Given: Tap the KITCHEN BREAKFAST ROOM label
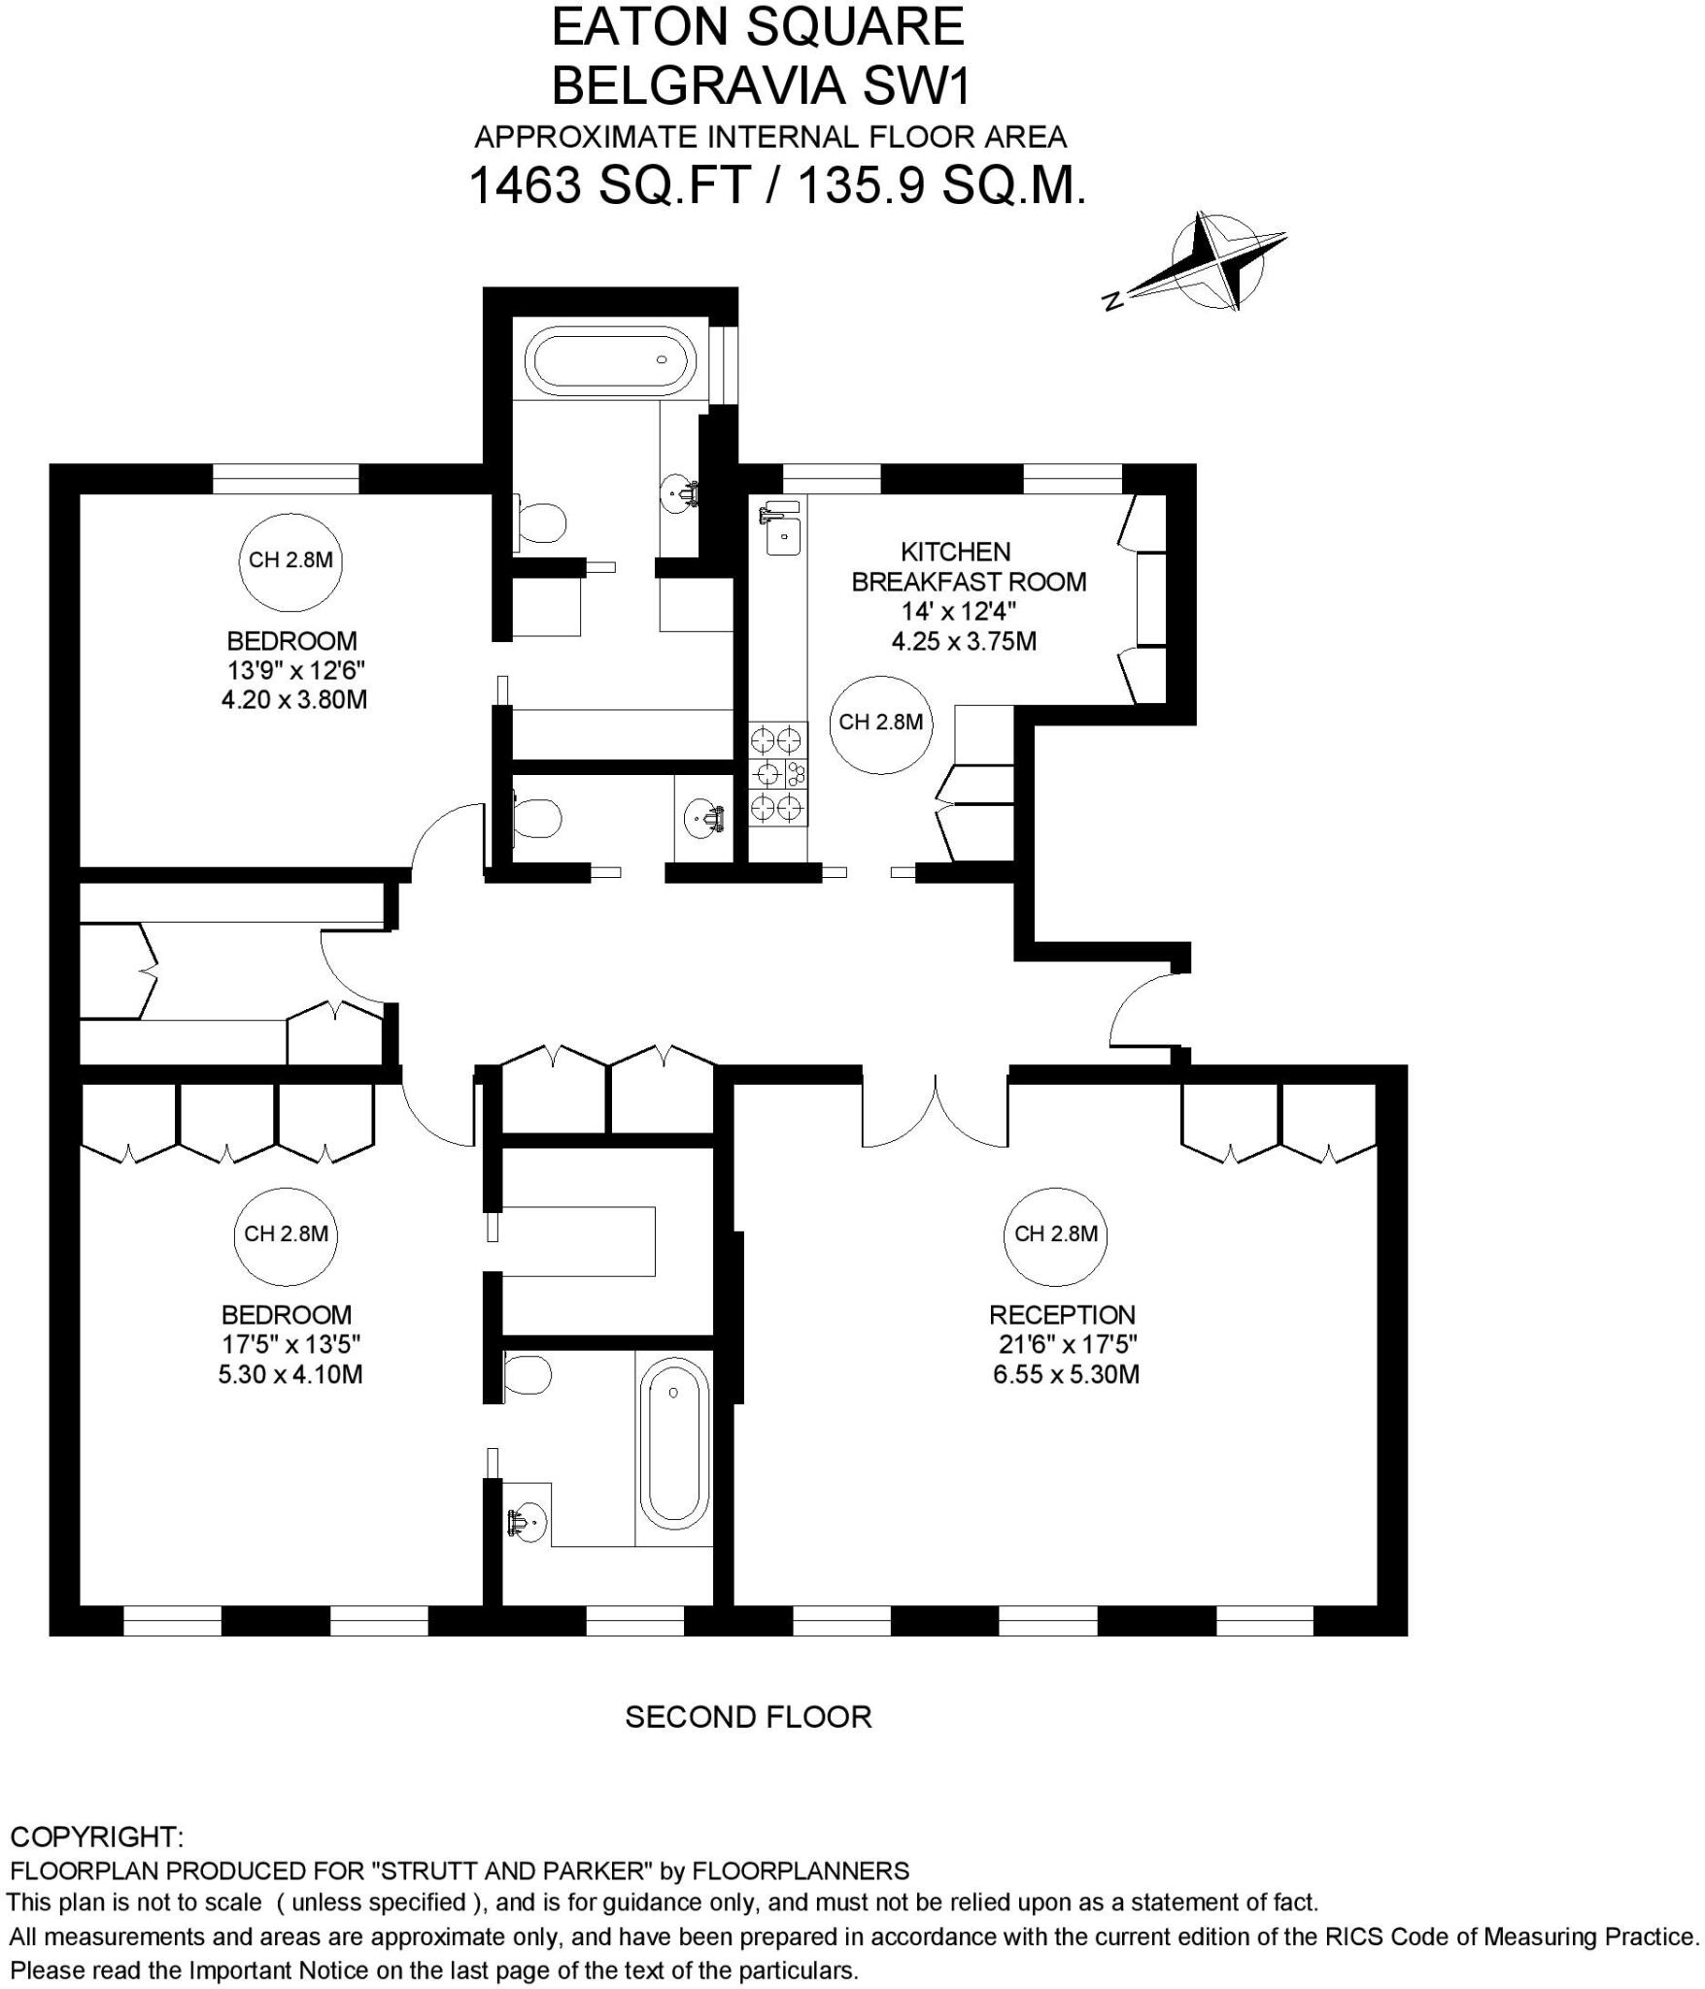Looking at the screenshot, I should pyautogui.click(x=968, y=567).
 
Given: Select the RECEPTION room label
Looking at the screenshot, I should pyautogui.click(x=1062, y=1315).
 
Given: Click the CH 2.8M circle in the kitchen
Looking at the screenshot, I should pyautogui.click(x=880, y=722).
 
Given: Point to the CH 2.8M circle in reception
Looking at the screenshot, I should pyautogui.click(x=1056, y=1233).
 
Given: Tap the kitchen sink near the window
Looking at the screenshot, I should pyautogui.click(x=783, y=533).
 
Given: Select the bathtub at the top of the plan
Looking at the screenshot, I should pyautogui.click(x=610, y=360).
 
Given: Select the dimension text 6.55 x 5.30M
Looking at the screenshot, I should pyautogui.click(x=1066, y=1374).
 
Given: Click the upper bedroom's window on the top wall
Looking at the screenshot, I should pyautogui.click(x=285, y=479).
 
